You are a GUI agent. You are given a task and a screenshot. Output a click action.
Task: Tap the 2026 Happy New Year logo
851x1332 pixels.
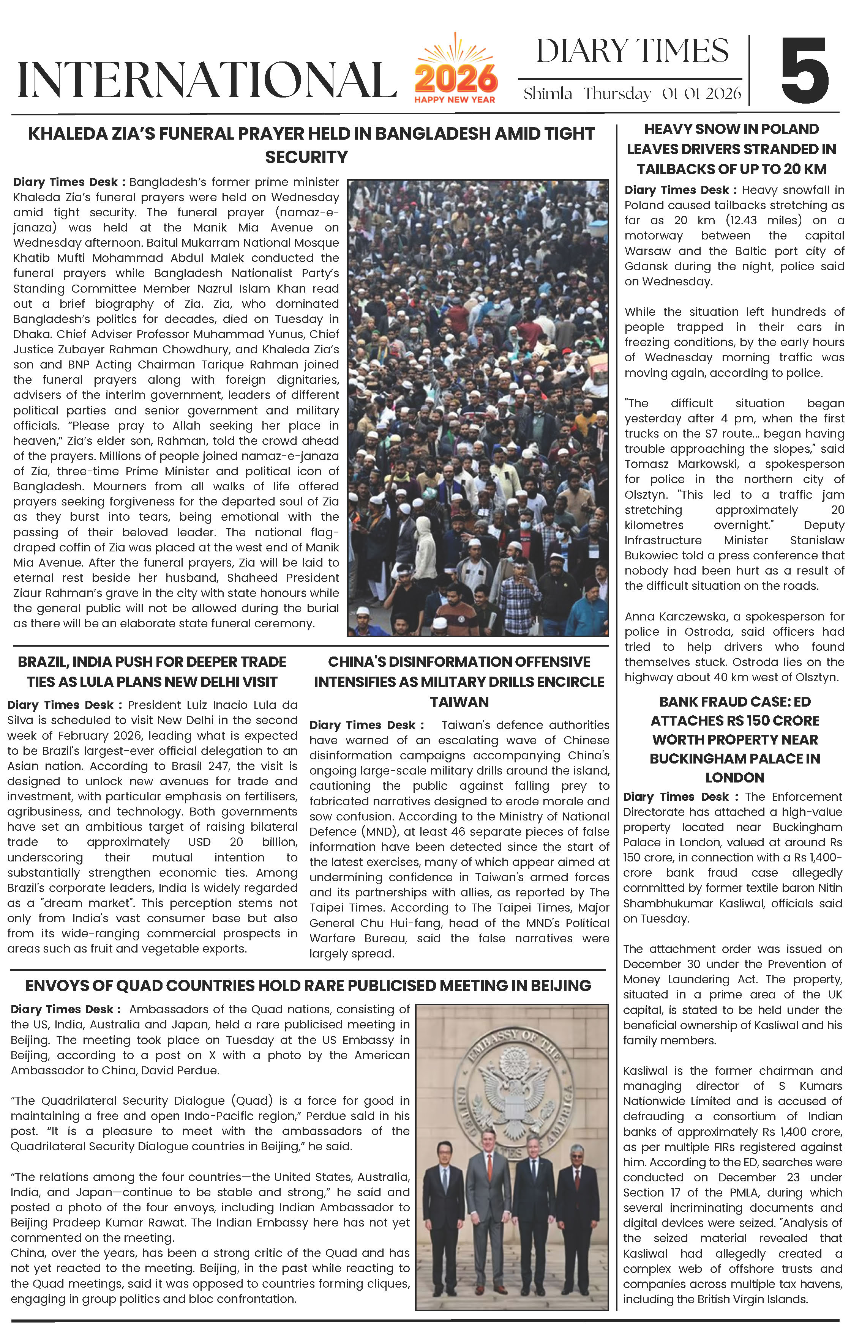click(455, 71)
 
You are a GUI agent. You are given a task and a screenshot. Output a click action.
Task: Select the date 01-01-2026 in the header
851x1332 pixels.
click(701, 93)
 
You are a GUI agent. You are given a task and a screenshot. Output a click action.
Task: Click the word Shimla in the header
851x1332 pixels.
click(547, 93)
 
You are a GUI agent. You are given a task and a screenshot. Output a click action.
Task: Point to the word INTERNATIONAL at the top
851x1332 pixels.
click(207, 80)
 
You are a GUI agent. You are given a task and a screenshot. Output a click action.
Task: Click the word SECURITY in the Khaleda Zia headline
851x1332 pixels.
click(306, 157)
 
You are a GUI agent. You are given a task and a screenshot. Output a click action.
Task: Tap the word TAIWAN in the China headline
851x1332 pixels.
click(459, 702)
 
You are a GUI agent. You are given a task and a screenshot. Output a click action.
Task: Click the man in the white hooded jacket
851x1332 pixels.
click(424, 553)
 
